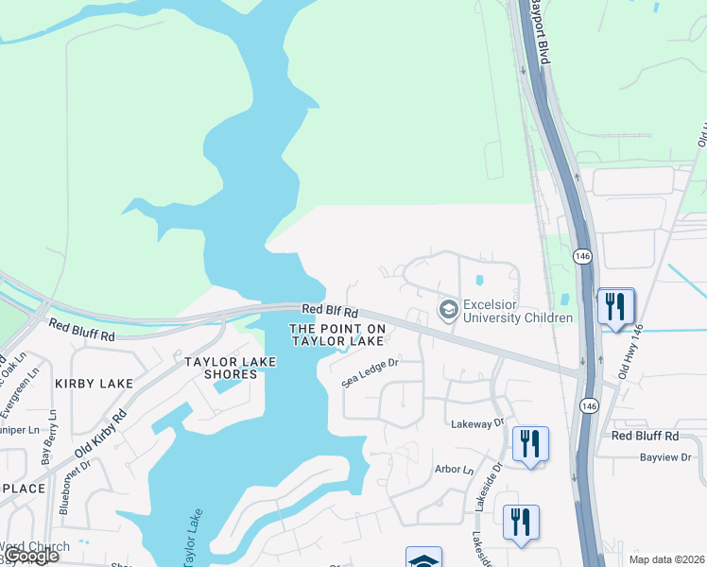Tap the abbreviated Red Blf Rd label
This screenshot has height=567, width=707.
330,311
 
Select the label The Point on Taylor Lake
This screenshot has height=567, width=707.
337,335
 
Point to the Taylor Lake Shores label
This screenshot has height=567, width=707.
221,368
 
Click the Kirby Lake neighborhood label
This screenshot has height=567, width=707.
94,383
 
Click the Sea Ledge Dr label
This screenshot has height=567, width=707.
371,370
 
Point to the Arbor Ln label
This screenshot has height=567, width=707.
454,470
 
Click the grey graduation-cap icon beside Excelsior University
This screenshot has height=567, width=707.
448,310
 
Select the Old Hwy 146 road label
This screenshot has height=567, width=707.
629,352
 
